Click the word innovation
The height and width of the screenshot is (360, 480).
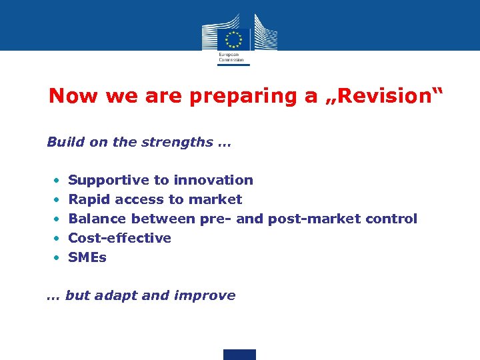pos(213,180)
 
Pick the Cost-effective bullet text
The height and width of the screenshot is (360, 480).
pos(120,238)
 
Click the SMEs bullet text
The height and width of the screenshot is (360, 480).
pos(87,257)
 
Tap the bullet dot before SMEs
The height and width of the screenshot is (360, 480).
pos(58,257)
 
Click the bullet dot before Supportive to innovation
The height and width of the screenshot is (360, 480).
pos(58,181)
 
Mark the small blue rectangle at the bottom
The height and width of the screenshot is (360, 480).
pos(239,354)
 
